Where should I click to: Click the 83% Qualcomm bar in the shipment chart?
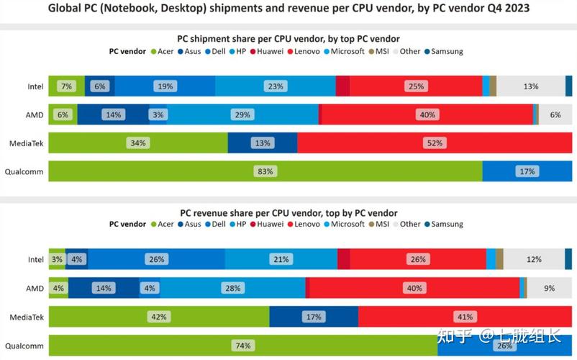[265, 171]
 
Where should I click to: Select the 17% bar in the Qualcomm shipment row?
[527, 171]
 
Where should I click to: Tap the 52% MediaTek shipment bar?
[435, 143]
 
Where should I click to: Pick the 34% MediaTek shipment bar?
[137, 143]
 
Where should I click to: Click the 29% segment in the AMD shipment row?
[242, 114]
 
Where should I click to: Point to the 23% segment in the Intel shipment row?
[275, 86]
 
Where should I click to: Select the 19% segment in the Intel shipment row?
[165, 86]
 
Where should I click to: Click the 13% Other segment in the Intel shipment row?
[531, 86]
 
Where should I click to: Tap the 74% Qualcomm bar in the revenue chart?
[242, 346]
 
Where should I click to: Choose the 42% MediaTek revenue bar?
[159, 317]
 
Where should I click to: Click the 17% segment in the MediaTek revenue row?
[313, 317]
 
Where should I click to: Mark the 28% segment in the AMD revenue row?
[232, 288]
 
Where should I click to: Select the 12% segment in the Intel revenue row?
[534, 259]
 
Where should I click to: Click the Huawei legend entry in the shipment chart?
[266, 52]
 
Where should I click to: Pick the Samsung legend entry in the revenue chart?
[443, 224]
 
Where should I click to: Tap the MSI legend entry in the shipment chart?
[379, 52]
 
